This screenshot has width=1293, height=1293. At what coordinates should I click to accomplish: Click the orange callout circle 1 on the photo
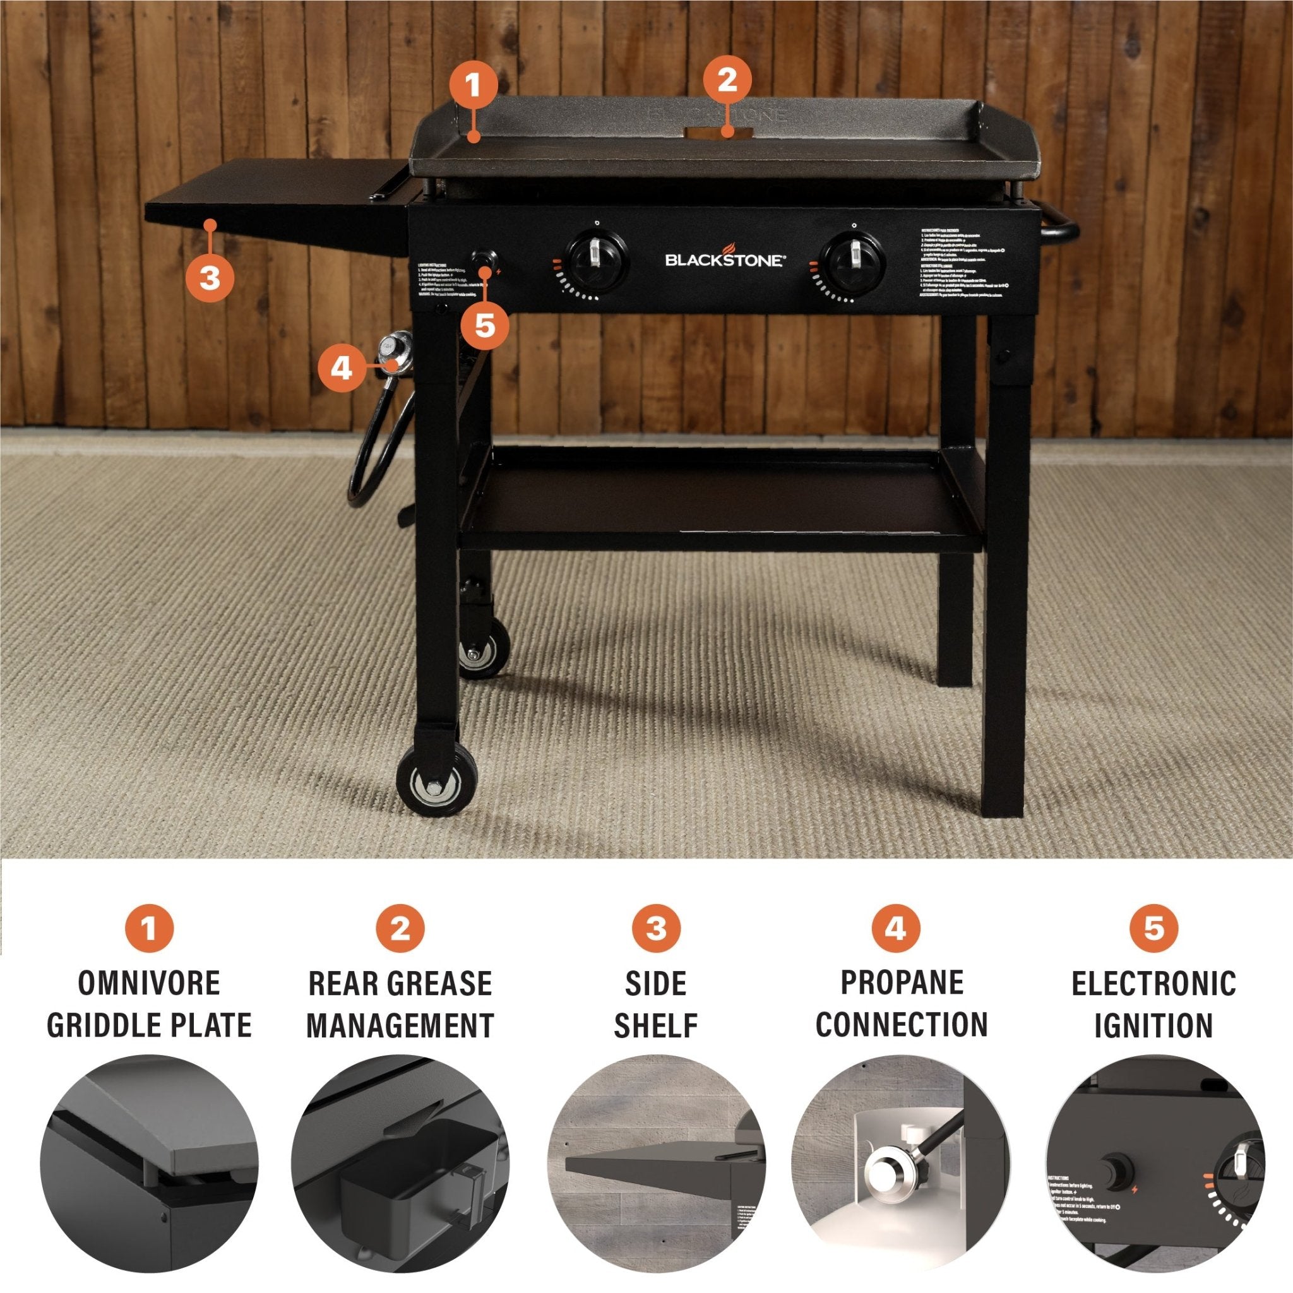473,85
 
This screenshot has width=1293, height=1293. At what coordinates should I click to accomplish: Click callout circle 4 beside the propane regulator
342,367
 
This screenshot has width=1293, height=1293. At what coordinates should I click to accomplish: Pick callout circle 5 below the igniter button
484,326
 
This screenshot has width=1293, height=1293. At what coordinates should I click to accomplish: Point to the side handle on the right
1061,234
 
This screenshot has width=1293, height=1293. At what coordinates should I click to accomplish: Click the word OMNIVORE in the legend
148,983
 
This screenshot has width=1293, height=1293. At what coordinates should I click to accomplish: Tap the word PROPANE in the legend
902,982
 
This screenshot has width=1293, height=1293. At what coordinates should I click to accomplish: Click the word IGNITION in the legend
1153,1025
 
